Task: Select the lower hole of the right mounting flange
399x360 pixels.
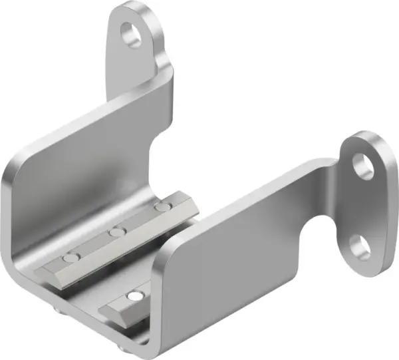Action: point(360,246)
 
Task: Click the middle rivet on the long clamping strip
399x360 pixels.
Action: point(118,232)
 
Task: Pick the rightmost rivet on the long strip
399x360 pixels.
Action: point(160,208)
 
